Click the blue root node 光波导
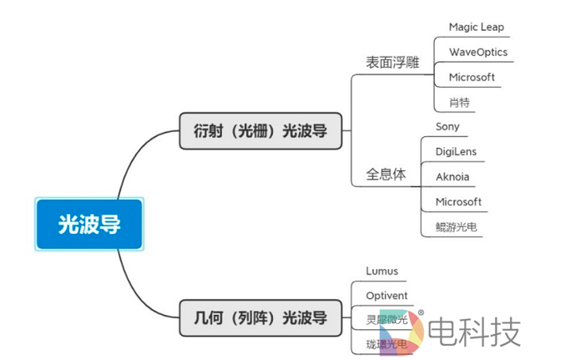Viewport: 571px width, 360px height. point(89,224)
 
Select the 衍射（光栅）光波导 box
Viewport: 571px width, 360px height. point(260,131)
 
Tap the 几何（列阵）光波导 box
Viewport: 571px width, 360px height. point(260,318)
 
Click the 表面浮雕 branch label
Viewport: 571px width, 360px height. point(392,63)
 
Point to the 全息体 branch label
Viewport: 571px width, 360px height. point(386,175)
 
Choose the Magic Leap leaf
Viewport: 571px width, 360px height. point(476,27)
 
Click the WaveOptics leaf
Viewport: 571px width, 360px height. point(478,52)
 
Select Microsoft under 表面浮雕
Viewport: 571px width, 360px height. point(472,77)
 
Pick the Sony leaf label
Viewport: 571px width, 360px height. point(447,127)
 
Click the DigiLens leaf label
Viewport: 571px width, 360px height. point(457,152)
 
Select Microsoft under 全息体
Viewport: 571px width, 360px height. point(458,202)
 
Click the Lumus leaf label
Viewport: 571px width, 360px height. point(382,271)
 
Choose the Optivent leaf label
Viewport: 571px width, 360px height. point(387,296)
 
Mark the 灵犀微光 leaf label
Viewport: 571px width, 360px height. point(387,320)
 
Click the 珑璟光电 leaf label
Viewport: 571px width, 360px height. point(387,344)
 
